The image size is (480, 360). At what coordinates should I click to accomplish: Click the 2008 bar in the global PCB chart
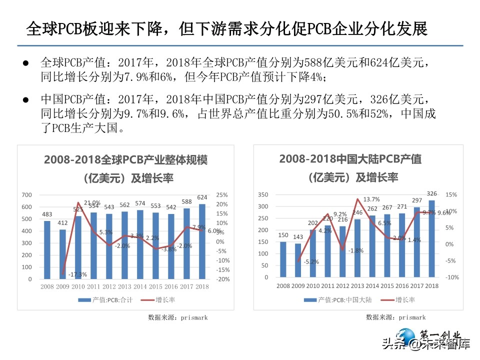[47, 250]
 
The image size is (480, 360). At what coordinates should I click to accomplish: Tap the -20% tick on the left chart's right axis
[222, 279]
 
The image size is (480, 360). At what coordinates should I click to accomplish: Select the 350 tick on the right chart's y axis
[263, 194]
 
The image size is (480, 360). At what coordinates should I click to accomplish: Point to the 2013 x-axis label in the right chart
[357, 285]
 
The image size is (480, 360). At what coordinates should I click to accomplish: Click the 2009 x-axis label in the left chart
[62, 287]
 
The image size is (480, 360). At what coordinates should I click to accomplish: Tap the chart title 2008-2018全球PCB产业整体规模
[125, 160]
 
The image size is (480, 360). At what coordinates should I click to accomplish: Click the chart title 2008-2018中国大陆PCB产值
[350, 159]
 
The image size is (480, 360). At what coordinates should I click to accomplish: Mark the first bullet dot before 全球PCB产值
[26, 63]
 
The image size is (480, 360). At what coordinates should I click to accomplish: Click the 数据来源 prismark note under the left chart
[177, 317]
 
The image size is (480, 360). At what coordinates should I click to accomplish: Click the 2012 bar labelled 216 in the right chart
[342, 252]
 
